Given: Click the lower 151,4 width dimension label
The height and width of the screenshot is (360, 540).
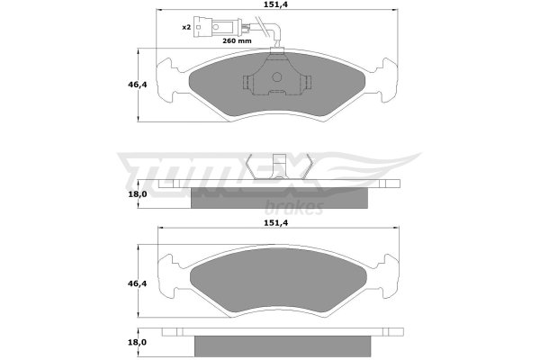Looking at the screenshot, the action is click(276, 223).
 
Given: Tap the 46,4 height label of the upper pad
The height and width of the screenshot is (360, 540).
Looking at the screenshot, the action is click(138, 85).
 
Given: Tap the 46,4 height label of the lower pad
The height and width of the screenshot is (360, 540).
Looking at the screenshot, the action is click(138, 283).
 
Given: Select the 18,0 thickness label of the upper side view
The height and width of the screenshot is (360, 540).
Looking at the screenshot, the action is click(138, 194).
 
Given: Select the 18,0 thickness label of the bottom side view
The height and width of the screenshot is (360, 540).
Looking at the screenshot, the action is click(138, 342).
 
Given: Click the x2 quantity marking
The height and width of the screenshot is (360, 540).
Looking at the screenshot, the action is click(186, 27).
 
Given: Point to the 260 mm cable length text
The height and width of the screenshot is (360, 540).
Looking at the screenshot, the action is click(237, 41).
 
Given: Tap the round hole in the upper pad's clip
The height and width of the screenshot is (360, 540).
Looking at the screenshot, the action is click(277, 76).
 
